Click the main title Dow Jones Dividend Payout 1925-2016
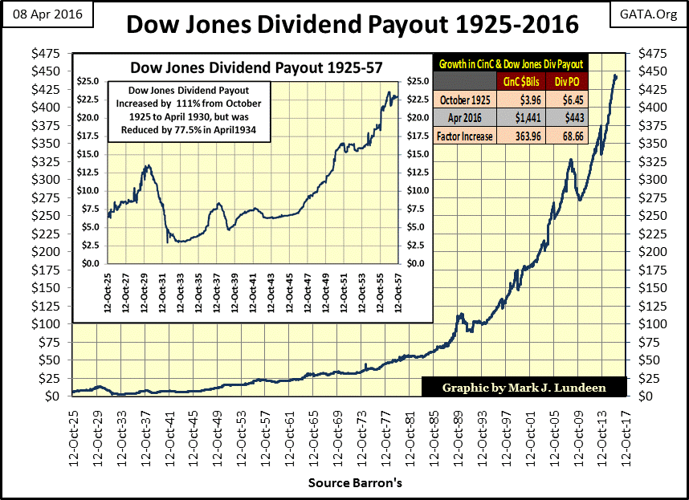pos(352,24)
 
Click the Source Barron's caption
pos(355,483)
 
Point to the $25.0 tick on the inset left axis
pos(88,82)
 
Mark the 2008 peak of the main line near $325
pos(570,160)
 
